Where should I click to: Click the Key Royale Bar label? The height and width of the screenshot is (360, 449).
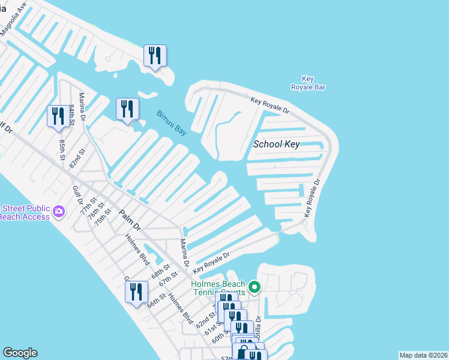pyautogui.click(x=308, y=83)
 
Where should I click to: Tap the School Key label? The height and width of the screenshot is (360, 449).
pyautogui.click(x=276, y=144)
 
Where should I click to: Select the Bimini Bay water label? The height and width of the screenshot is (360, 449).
pyautogui.click(x=172, y=122)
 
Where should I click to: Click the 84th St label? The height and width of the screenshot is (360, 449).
pyautogui.click(x=73, y=114)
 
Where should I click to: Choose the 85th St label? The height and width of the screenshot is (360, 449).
pyautogui.click(x=62, y=150)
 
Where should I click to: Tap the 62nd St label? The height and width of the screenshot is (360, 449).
pyautogui.click(x=204, y=319)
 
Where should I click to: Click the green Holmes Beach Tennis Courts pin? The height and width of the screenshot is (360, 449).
pyautogui.click(x=254, y=287)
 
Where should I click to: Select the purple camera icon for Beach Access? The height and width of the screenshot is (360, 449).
pyautogui.click(x=58, y=211)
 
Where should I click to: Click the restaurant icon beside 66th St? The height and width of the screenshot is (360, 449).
pyautogui.click(x=136, y=292)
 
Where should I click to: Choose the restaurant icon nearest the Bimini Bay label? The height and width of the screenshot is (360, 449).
pyautogui.click(x=127, y=108)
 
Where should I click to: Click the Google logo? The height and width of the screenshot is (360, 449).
pyautogui.click(x=20, y=353)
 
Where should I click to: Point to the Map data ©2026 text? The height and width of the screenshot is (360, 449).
pyautogui.click(x=423, y=355)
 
